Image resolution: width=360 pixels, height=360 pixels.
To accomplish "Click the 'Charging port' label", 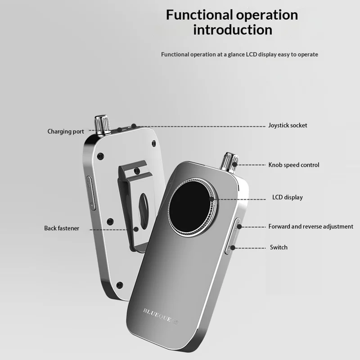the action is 66,131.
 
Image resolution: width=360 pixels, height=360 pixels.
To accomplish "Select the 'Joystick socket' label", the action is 288,126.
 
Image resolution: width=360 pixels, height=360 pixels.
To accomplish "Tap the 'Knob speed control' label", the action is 294,165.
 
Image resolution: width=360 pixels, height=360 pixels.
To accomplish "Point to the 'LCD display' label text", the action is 288,197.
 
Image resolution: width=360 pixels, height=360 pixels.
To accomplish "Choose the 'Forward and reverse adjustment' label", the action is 310,227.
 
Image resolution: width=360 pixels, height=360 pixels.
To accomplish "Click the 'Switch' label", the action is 279,247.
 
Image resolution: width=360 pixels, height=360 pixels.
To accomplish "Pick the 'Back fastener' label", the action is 62,228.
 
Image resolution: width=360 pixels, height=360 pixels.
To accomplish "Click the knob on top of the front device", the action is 229,162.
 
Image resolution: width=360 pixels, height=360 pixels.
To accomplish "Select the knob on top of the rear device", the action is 102,125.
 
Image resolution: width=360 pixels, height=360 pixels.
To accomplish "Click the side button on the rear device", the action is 91,193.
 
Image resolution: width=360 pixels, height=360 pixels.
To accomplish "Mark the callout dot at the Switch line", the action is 233,248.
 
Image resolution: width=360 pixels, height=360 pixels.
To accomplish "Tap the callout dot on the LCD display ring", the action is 212,199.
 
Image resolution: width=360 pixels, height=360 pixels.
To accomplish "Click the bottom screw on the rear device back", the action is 120,285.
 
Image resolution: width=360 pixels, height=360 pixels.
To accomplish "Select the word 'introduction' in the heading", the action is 233,30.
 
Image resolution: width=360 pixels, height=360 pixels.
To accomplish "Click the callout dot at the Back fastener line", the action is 136,229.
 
